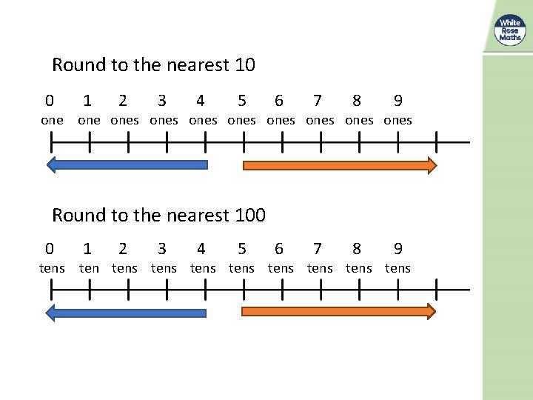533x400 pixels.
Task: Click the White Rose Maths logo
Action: pyautogui.click(x=509, y=30)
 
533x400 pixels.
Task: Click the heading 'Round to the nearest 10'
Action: pyautogui.click(x=153, y=65)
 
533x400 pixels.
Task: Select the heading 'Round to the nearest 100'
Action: pyautogui.click(x=158, y=216)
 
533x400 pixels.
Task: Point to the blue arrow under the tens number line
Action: pyautogui.click(x=127, y=313)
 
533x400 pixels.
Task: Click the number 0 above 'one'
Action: pyautogui.click(x=50, y=101)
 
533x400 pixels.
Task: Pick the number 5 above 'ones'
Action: pyautogui.click(x=242, y=101)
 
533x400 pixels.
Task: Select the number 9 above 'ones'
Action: pyautogui.click(x=398, y=101)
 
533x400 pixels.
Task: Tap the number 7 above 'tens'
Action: pyautogui.click(x=318, y=249)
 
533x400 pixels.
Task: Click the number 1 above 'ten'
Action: pyautogui.click(x=87, y=249)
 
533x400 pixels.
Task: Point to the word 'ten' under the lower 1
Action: pyautogui.click(x=89, y=268)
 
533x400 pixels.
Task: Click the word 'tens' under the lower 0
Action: pyautogui.click(x=52, y=268)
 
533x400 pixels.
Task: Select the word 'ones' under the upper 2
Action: pyautogui.click(x=124, y=120)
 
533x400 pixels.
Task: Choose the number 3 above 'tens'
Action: pyautogui.click(x=162, y=249)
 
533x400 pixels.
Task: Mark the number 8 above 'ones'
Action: pyautogui.click(x=357, y=101)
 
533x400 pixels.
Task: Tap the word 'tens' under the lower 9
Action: pyautogui.click(x=398, y=268)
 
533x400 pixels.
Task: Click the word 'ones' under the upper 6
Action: pyautogui.click(x=281, y=120)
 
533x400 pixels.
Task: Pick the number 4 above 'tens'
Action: pyautogui.click(x=201, y=249)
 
